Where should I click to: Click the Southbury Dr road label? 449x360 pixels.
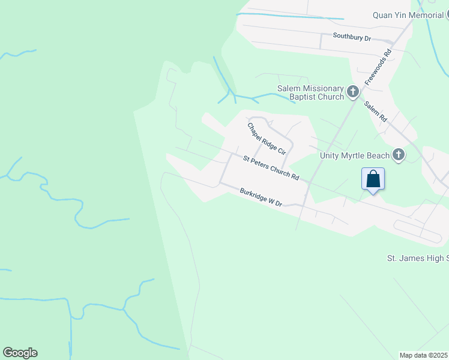pyautogui.click(x=352, y=37)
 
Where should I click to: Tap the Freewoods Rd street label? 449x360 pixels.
pyautogui.click(x=378, y=65)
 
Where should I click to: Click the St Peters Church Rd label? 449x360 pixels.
pyautogui.click(x=271, y=168)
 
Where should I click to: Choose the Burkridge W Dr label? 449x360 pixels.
pyautogui.click(x=261, y=198)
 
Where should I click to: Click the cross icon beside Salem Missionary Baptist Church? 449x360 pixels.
pyautogui.click(x=353, y=92)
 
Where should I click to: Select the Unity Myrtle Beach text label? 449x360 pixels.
pyautogui.click(x=355, y=155)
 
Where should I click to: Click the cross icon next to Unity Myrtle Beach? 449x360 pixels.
pyautogui.click(x=398, y=155)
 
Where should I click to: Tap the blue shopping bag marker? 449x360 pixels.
pyautogui.click(x=373, y=179)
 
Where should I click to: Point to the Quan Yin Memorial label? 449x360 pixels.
pyautogui.click(x=408, y=15)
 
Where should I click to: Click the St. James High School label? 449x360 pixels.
pyautogui.click(x=417, y=259)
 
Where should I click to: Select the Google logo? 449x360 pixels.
pyautogui.click(x=20, y=353)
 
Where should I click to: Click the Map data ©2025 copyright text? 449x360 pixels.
pyautogui.click(x=424, y=355)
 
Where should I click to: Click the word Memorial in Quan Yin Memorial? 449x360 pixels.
pyautogui.click(x=426, y=15)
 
